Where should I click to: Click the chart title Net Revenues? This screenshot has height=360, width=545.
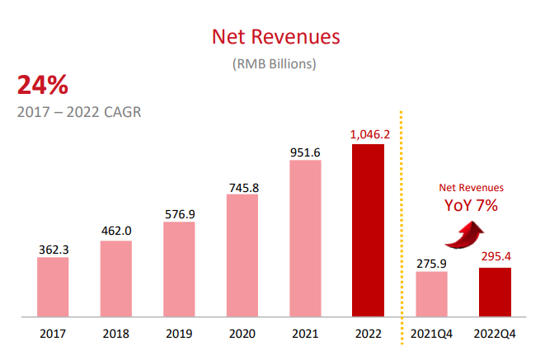[275, 37]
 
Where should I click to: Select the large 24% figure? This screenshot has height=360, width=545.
[42, 85]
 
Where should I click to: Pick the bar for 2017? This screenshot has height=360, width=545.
[53, 287]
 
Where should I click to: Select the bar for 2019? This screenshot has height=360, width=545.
[179, 269]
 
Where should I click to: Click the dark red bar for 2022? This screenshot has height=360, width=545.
[368, 231]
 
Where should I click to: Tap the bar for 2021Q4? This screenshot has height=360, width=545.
[431, 294]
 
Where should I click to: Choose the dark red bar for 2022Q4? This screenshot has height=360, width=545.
[495, 292]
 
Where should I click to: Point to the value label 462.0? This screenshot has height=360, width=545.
[116, 231]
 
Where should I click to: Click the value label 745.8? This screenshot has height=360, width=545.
[242, 187]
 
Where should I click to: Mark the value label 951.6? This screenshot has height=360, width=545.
[305, 152]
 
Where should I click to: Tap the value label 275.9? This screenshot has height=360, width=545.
[431, 263]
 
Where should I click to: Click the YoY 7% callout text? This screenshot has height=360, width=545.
[471, 205]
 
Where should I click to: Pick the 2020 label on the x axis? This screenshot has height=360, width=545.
[242, 334]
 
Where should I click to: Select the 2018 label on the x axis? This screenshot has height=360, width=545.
[116, 334]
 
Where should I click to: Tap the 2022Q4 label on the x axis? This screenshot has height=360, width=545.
[495, 334]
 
